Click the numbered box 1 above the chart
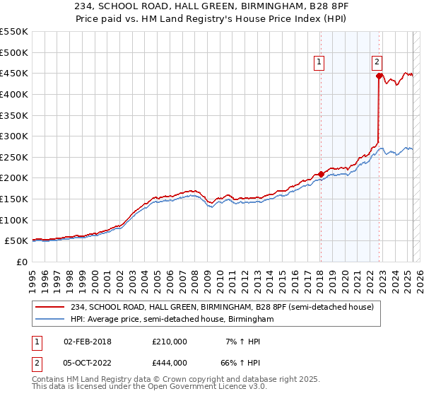coord(319,62)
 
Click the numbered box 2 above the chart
coord(377,62)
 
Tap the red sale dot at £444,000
coord(379,76)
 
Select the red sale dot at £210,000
coord(321,174)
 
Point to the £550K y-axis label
coord(14,32)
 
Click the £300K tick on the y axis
coord(14,136)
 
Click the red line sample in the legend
coord(51,306)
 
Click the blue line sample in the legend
coord(51,320)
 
